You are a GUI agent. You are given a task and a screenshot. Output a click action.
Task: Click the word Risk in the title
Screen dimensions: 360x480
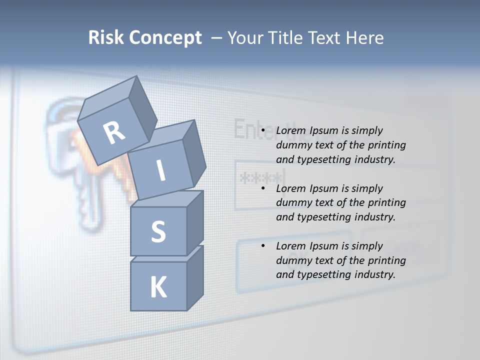106,37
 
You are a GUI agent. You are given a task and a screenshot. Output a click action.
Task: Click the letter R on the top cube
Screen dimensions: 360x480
114,132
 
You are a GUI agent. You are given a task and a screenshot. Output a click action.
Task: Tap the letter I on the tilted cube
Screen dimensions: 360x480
161,170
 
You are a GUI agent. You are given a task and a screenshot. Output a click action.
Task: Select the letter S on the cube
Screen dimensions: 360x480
158,232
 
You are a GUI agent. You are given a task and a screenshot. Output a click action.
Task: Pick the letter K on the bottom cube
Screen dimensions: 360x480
158,287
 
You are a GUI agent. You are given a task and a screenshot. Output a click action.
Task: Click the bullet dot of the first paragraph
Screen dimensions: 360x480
263,131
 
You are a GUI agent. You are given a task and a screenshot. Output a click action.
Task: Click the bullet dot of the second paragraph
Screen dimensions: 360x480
263,189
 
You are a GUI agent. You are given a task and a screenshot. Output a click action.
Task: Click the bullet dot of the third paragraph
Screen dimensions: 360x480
263,246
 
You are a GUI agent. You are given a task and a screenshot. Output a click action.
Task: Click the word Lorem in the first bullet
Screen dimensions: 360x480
290,131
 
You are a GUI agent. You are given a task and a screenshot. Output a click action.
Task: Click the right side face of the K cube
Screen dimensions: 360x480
195,277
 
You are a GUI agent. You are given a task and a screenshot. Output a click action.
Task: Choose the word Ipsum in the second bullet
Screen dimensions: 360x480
324,189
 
